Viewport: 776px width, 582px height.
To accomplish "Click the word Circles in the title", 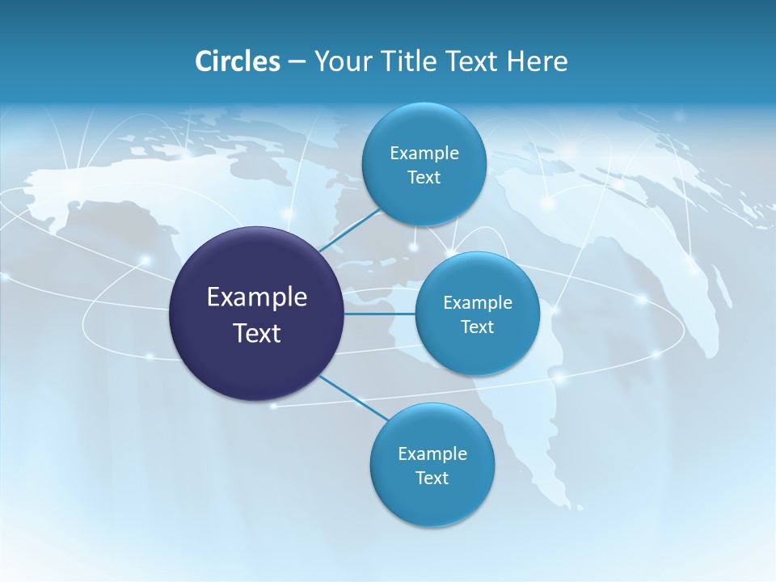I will [237, 61].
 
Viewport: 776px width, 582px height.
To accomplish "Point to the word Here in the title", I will [537, 61].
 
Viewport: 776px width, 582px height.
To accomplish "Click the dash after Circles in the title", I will [297, 62].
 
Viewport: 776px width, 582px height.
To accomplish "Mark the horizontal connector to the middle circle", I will [379, 314].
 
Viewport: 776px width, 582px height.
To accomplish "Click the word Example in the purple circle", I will [257, 297].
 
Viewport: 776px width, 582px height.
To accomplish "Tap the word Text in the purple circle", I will [257, 333].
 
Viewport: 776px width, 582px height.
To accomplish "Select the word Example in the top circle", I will [424, 154].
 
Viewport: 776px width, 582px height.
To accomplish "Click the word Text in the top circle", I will [424, 178].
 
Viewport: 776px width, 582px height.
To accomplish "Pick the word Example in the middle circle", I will [478, 303].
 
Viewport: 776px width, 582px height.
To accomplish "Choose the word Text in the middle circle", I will [477, 327].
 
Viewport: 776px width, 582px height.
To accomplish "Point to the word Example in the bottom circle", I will [432, 454].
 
